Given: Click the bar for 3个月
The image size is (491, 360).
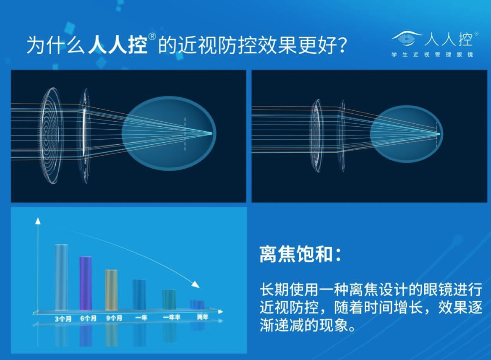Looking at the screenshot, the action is pyautogui.click(x=61, y=277).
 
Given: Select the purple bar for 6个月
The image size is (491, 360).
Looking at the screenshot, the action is pyautogui.click(x=86, y=283).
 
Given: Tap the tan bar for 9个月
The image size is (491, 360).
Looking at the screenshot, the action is pyautogui.click(x=111, y=290).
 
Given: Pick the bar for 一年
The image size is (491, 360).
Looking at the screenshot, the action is pyautogui.click(x=139, y=295).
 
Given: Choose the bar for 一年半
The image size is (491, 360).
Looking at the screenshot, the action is pyautogui.click(x=169, y=300).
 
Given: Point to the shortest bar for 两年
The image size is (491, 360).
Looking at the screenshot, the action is pyautogui.click(x=197, y=305).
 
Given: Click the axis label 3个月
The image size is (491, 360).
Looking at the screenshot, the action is pyautogui.click(x=63, y=319).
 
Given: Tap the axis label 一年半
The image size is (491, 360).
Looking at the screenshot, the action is pyautogui.click(x=172, y=318).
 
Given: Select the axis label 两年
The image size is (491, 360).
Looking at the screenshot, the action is pyautogui.click(x=203, y=317).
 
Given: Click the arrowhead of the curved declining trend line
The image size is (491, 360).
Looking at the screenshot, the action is pyautogui.click(x=196, y=284).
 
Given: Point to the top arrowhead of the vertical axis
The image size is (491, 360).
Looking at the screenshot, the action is pyautogui.click(x=38, y=221).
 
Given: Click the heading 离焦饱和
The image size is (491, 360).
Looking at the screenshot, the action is pyautogui.click(x=296, y=254).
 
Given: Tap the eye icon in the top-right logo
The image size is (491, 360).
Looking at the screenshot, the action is pyautogui.click(x=407, y=38).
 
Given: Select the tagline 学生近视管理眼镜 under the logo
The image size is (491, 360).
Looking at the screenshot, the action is pyautogui.click(x=432, y=55).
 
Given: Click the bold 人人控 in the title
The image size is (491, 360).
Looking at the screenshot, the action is pyautogui.click(x=118, y=45).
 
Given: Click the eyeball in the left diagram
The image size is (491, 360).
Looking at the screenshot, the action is pyautogui.click(x=169, y=133).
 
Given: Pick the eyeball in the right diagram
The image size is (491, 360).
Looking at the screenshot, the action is pyautogui.click(x=407, y=134).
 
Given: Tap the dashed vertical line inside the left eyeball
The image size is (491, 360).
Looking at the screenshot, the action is pyautogui.click(x=185, y=134).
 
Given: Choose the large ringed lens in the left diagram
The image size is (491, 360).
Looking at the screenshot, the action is pyautogui.click(x=50, y=136).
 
